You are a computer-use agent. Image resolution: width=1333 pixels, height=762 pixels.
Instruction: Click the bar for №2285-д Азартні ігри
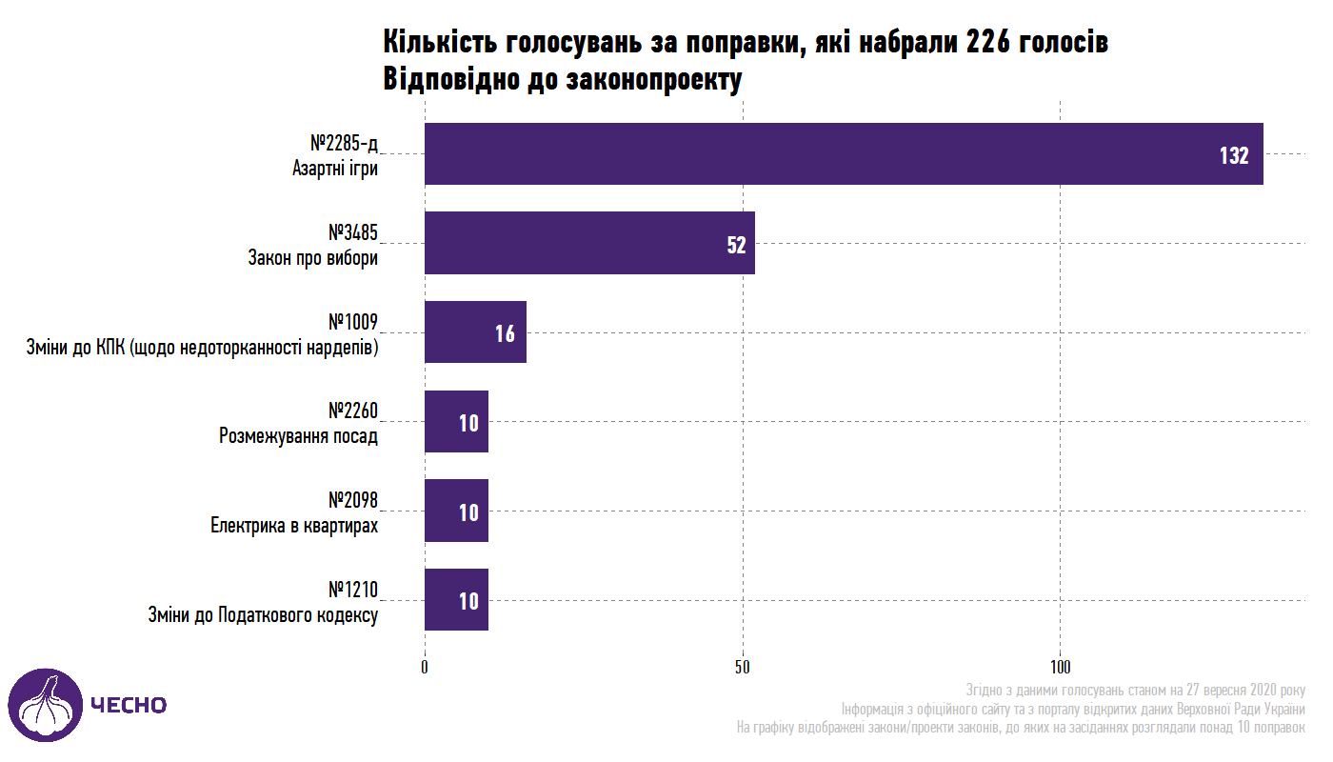click(x=843, y=153)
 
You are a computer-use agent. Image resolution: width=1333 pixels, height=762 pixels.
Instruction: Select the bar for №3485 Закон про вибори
click(x=588, y=243)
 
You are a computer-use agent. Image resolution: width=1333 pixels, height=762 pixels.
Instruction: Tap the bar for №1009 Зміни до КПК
click(x=474, y=331)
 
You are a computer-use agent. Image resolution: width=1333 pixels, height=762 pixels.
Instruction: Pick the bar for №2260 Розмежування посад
click(x=455, y=421)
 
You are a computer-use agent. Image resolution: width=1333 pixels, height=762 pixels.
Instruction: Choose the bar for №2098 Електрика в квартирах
click(x=455, y=511)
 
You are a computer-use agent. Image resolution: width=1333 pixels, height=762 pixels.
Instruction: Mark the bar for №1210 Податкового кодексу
click(x=455, y=599)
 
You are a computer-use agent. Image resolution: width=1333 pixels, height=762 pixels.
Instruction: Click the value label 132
click(x=1233, y=155)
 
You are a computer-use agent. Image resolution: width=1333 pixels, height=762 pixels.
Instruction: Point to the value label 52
click(x=736, y=245)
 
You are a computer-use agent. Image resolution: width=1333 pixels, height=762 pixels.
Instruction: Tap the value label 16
click(x=505, y=333)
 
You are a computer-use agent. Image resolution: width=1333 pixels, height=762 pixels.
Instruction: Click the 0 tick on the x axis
click(x=425, y=667)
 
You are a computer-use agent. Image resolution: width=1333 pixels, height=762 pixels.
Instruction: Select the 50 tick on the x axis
click(x=743, y=667)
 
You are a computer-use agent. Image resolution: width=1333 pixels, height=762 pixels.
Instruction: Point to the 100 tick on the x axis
click(x=1061, y=667)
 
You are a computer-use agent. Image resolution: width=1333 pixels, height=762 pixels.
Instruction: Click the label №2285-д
click(x=344, y=144)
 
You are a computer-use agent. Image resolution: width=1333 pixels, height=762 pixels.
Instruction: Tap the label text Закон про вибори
click(x=312, y=258)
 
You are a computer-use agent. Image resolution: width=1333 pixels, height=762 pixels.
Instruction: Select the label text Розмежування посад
click(x=298, y=437)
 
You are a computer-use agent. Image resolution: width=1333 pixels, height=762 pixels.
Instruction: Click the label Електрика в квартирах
click(x=294, y=526)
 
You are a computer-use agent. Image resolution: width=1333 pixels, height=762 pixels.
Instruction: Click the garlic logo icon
click(x=46, y=705)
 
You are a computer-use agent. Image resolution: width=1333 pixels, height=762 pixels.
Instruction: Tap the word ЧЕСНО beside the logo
click(x=129, y=705)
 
